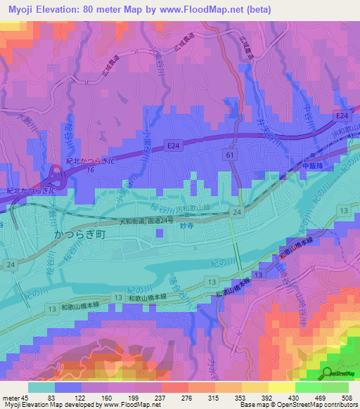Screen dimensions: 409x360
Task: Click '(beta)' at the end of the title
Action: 257,8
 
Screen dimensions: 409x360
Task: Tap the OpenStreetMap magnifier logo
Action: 329,374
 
